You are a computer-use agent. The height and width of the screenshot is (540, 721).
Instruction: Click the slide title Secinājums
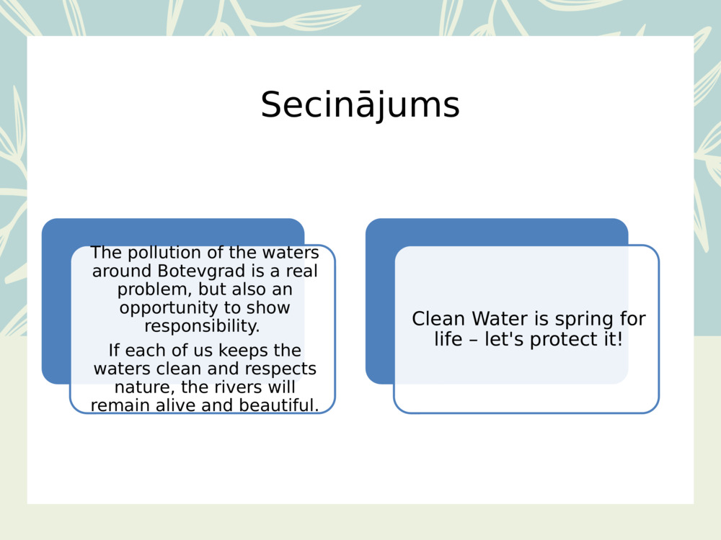pos(360,105)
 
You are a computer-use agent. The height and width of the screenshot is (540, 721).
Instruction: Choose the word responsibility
pos(202,325)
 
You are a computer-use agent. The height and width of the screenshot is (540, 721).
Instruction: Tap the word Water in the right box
pos(500,319)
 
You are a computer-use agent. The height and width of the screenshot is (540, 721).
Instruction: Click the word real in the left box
pos(301,271)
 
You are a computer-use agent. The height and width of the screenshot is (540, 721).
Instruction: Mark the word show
pos(269,307)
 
